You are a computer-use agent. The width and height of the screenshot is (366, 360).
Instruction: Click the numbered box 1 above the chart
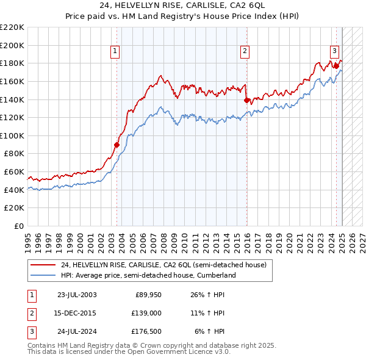(115, 52)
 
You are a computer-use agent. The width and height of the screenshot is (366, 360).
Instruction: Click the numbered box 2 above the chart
(245, 52)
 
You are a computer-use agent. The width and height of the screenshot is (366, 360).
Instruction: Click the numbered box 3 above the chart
(334, 52)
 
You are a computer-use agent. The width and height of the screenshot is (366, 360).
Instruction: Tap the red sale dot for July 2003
(117, 145)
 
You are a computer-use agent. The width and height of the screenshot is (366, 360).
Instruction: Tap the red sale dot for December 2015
(246, 100)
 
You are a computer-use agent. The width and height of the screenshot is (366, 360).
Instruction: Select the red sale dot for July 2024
(336, 66)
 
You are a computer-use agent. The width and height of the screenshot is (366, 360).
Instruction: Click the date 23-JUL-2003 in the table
(77, 295)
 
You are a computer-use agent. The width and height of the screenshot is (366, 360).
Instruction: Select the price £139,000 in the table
(146, 313)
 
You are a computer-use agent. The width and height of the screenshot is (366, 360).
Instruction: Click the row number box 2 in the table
(30, 313)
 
